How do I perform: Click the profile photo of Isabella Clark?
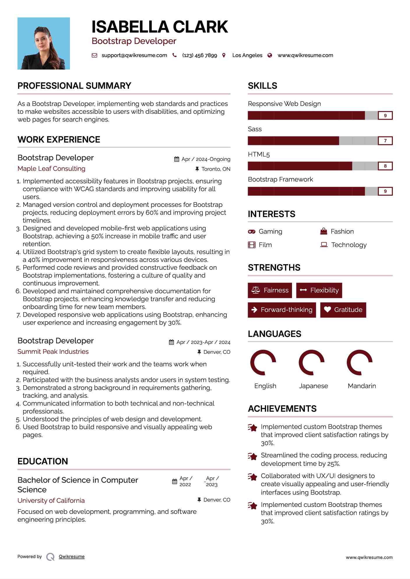click(44, 43)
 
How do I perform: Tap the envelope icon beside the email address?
click(94, 55)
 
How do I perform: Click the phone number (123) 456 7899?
click(199, 55)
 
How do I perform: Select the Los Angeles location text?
click(247, 55)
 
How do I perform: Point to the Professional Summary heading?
click(74, 86)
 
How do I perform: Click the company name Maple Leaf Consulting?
click(51, 169)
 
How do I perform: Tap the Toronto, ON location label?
click(216, 169)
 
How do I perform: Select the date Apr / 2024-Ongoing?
click(206, 159)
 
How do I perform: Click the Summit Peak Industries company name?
click(53, 352)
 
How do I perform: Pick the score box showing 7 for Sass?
click(385, 141)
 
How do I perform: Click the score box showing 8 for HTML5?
click(385, 166)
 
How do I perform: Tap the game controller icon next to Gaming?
click(251, 232)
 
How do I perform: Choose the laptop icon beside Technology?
click(324, 245)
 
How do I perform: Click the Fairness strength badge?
click(270, 290)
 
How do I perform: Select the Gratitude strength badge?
click(343, 310)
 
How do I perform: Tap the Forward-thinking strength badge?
click(282, 310)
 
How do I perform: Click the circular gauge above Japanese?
click(312, 363)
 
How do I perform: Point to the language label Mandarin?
click(362, 386)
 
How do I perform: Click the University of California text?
click(51, 501)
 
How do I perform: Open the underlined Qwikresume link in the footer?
click(72, 557)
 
